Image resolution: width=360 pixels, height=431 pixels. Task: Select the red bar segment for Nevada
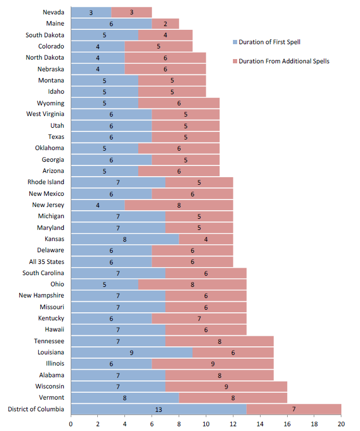click(131, 12)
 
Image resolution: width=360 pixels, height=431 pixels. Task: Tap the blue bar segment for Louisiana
click(131, 352)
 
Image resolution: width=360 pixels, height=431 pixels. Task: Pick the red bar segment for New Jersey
click(179, 205)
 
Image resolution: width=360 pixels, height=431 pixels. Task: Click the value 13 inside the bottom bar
click(158, 409)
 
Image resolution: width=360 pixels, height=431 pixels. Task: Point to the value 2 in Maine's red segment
click(165, 23)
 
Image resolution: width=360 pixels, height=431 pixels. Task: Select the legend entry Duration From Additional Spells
click(283, 61)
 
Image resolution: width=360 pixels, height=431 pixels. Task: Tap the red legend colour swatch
click(234, 61)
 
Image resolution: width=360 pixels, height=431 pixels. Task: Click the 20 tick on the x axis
click(341, 424)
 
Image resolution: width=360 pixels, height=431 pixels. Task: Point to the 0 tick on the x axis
click(71, 424)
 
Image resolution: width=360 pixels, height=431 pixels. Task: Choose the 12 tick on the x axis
click(233, 424)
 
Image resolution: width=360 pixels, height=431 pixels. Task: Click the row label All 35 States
click(46, 262)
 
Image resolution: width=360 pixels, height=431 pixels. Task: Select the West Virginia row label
click(45, 114)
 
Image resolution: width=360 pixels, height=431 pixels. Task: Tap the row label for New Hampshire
click(41, 295)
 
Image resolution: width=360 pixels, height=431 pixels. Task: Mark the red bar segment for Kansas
click(206, 239)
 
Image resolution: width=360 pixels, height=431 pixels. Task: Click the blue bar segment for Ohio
click(104, 284)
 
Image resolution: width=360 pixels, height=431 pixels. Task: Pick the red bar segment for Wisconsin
click(226, 386)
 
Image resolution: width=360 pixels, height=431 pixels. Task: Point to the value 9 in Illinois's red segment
click(213, 363)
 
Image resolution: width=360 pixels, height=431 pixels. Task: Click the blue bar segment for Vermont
click(124, 397)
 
